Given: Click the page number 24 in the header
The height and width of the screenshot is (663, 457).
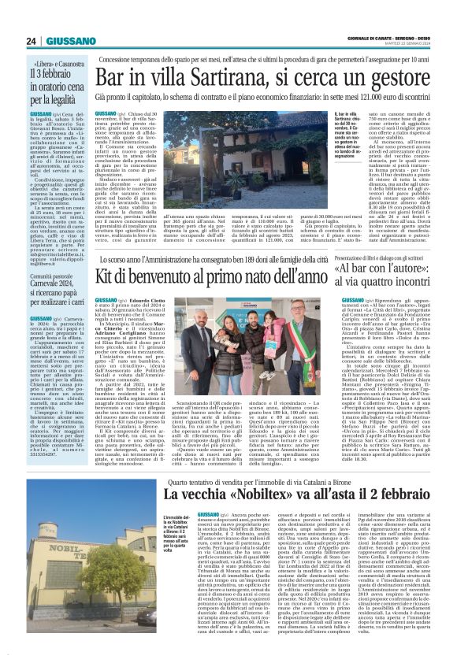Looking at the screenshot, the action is (32, 40).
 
